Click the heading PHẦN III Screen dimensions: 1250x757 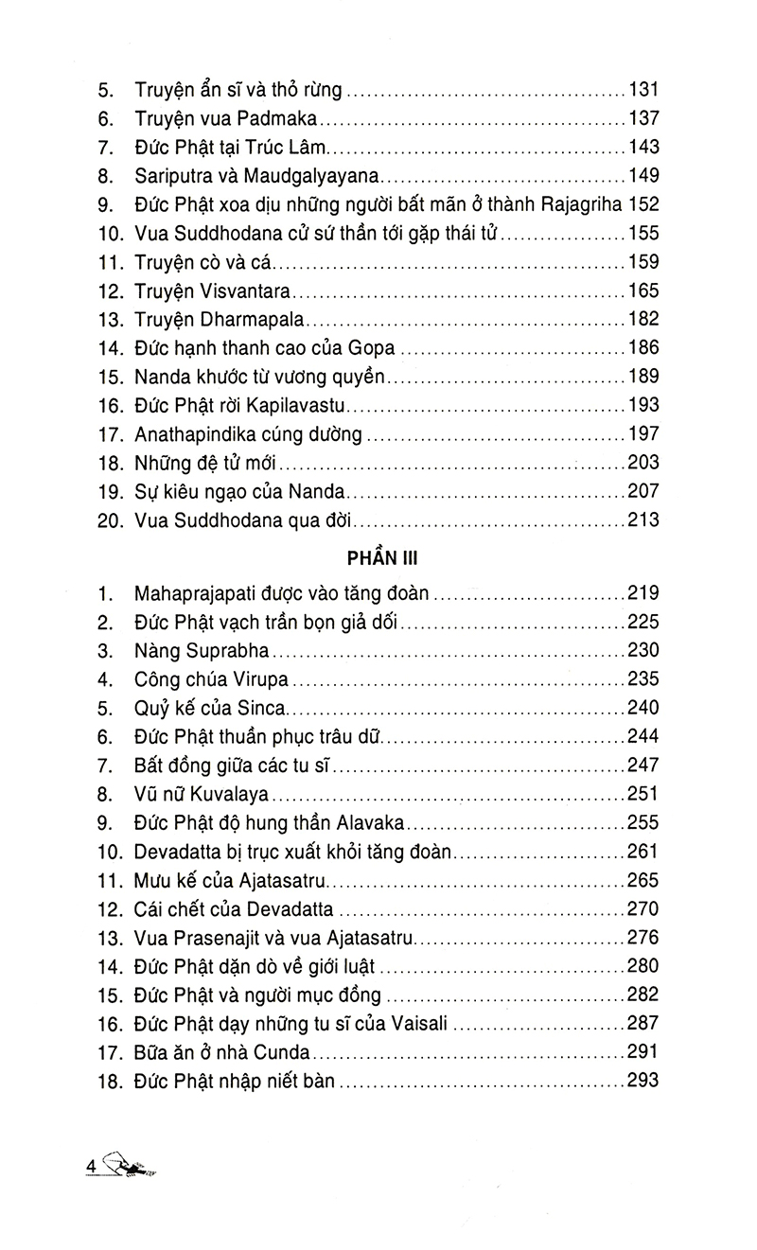(378, 557)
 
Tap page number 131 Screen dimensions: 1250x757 (643, 93)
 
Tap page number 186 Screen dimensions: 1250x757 (643, 346)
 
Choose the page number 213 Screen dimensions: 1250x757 (643, 519)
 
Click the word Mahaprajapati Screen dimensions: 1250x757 (184, 594)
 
